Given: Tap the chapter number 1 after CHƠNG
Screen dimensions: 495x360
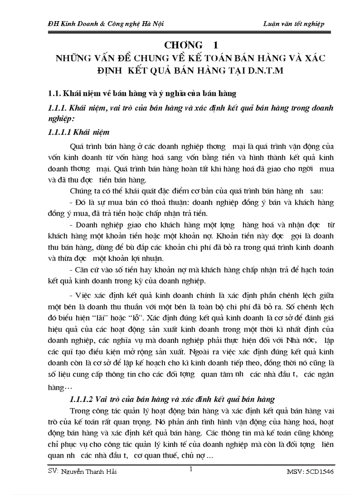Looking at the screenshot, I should pyautogui.click(x=215, y=45).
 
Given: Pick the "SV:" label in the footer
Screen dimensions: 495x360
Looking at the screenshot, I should pyautogui.click(x=53, y=472).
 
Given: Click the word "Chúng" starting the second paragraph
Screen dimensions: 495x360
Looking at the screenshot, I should pyautogui.click(x=81, y=191).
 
